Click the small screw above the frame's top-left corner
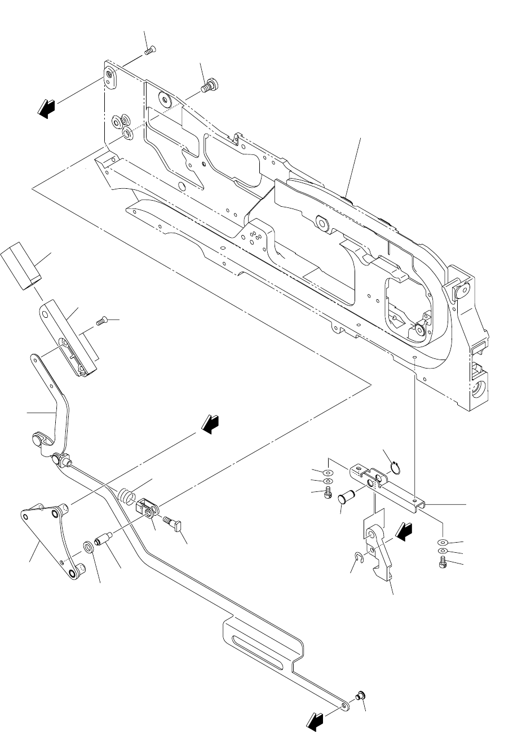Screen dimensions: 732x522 click(150, 51)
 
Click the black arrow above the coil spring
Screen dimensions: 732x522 click(210, 424)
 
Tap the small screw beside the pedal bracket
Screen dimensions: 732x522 click(101, 322)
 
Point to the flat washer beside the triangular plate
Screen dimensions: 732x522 click(89, 546)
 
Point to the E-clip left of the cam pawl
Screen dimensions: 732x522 click(357, 559)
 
